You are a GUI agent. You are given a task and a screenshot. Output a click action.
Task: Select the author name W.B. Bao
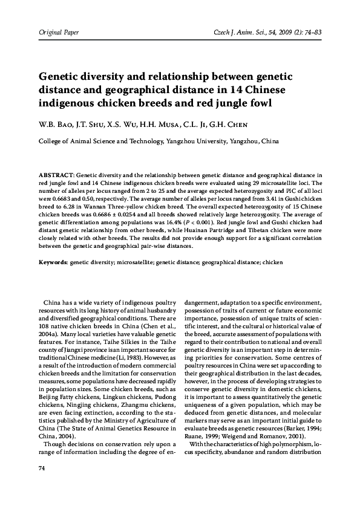point(56,126)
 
